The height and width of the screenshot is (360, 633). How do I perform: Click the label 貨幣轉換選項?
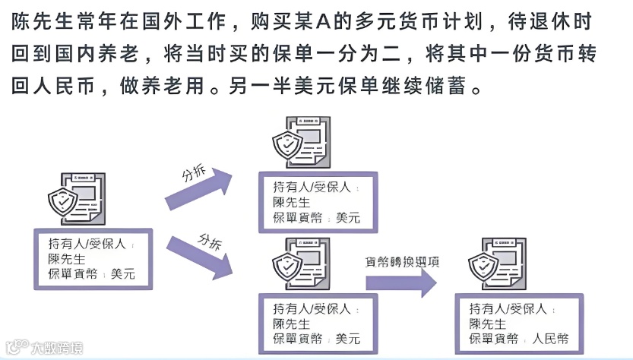click(x=403, y=261)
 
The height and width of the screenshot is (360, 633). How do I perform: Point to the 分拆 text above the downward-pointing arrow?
click(x=210, y=241)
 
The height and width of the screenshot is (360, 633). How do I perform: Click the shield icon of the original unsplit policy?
click(x=63, y=201)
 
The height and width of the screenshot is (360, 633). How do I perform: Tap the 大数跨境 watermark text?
click(x=56, y=349)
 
